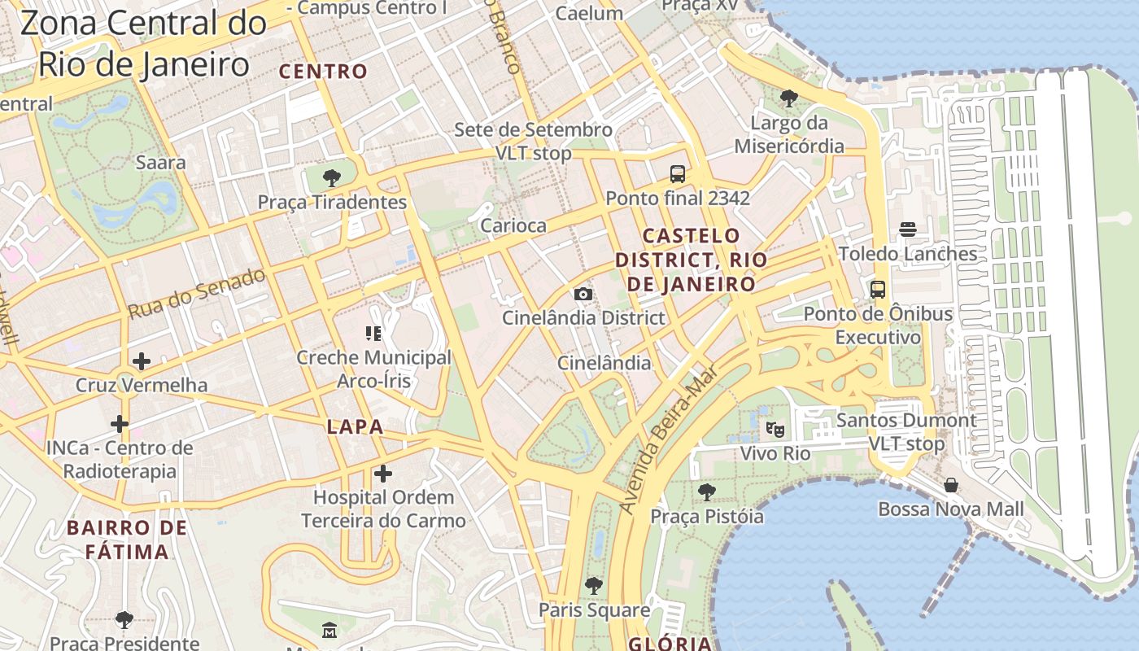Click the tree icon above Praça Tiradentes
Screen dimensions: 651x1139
pyautogui.click(x=331, y=177)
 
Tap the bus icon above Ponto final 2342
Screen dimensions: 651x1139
pyautogui.click(x=678, y=173)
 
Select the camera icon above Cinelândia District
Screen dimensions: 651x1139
pyautogui.click(x=583, y=294)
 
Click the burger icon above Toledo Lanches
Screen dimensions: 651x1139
pyautogui.click(x=908, y=229)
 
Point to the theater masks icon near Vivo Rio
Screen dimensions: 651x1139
pyautogui.click(x=775, y=427)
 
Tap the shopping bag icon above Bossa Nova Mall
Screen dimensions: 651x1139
pyautogui.click(x=950, y=485)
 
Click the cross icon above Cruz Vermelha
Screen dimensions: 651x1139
pyautogui.click(x=142, y=360)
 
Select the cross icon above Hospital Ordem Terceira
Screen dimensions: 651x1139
pyautogui.click(x=382, y=473)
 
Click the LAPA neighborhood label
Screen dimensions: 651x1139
pyautogui.click(x=355, y=426)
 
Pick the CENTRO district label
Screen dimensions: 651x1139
pyautogui.click(x=324, y=72)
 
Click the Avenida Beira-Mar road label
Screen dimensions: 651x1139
pyautogui.click(x=669, y=439)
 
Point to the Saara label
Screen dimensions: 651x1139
pyautogui.click(x=160, y=162)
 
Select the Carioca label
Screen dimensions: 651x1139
pyautogui.click(x=513, y=225)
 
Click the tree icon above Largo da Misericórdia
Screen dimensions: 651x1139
pyautogui.click(x=788, y=98)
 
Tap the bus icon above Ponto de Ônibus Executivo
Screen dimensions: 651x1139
pyautogui.click(x=878, y=289)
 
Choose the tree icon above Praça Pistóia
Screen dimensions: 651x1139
pyautogui.click(x=706, y=492)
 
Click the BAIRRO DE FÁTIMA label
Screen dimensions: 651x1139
pyautogui.click(x=128, y=540)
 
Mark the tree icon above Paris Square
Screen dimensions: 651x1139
pyautogui.click(x=594, y=585)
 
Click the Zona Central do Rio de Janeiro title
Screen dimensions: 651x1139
pyautogui.click(x=143, y=43)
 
